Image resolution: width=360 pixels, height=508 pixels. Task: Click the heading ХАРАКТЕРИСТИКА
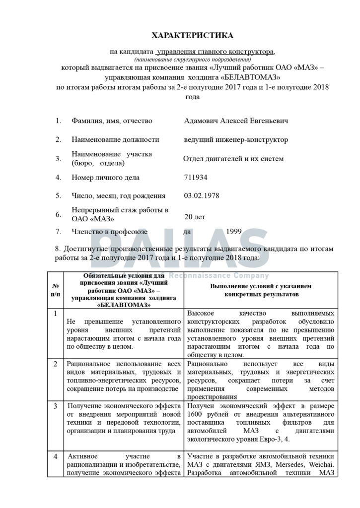click(x=192, y=35)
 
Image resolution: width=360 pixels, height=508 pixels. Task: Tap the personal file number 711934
click(x=196, y=177)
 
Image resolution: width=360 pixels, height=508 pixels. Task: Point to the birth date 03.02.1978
click(x=202, y=196)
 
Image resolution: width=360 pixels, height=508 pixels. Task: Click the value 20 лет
click(x=195, y=217)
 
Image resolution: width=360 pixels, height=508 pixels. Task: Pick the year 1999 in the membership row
click(x=234, y=231)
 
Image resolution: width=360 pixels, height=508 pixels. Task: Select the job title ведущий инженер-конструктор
click(x=235, y=140)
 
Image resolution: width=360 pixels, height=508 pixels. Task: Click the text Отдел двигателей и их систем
click(x=233, y=159)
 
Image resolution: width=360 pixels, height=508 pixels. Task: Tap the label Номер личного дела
click(x=105, y=177)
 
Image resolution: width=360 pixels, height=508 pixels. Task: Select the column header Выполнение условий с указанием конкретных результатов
click(x=261, y=290)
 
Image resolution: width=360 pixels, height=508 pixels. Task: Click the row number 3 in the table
click(x=56, y=406)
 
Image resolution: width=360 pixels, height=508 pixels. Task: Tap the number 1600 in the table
click(x=196, y=415)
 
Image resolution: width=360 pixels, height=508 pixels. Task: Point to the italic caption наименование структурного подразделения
click(x=192, y=59)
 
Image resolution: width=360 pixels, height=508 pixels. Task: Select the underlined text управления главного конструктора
click(x=215, y=51)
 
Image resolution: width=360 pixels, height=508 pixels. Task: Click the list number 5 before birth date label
click(x=58, y=196)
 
